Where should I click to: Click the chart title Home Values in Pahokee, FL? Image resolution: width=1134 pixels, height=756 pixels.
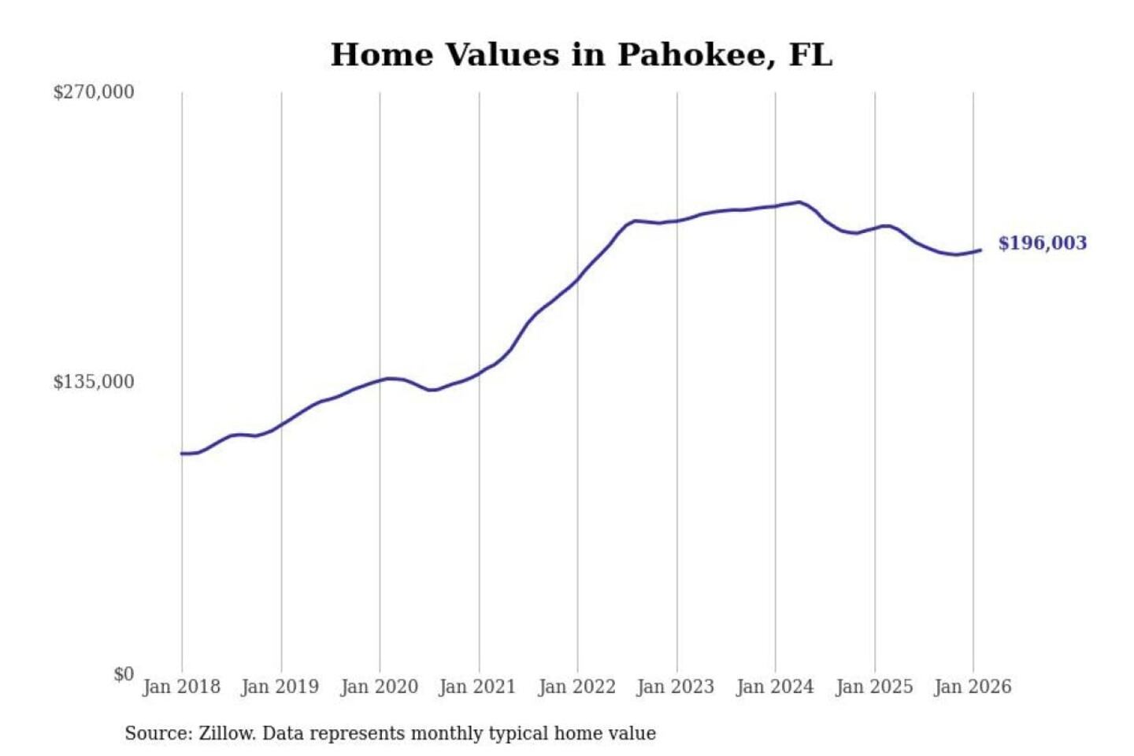coord(581,55)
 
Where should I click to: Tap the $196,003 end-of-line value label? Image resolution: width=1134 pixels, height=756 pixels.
coord(1042,243)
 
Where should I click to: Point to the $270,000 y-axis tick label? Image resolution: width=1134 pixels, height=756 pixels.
coord(94,92)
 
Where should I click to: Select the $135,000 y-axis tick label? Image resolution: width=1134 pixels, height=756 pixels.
coord(94,382)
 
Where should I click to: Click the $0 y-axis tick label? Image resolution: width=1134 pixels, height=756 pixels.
coord(124,674)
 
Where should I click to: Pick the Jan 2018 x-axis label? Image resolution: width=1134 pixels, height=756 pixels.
coord(181,687)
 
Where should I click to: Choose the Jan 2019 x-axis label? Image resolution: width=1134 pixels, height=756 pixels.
coord(280,687)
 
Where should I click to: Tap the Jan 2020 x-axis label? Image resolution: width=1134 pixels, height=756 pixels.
coord(379,687)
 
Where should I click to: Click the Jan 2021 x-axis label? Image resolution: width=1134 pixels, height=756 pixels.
coord(477,687)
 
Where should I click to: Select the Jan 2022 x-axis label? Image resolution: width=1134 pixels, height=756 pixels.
coord(576,687)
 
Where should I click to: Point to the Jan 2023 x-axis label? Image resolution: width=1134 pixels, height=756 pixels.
coord(675,687)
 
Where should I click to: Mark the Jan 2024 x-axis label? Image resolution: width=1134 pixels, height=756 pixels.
coord(774,687)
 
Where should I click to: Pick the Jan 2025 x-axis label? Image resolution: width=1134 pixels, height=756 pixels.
coord(873,687)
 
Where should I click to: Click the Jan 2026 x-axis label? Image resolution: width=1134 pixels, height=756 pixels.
coord(972,687)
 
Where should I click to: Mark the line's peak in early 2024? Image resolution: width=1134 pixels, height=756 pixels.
coord(799,202)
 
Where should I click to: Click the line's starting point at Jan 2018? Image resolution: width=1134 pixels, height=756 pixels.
coord(182,454)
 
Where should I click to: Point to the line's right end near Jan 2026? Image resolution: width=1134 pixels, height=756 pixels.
coord(980,250)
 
